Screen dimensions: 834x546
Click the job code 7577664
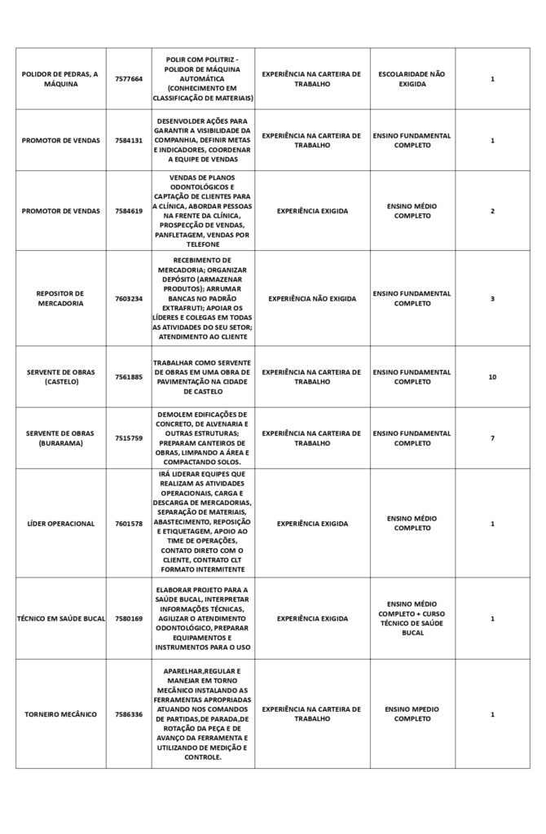point(129,79)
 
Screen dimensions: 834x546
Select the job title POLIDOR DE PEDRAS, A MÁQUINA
point(60,79)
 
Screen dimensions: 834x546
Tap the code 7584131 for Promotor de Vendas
point(129,140)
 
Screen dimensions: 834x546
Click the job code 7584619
point(129,211)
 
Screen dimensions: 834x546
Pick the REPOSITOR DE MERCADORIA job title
point(60,298)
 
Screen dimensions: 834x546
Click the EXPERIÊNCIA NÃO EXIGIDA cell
point(312,298)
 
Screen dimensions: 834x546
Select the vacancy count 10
point(492,377)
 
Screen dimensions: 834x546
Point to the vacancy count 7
point(492,438)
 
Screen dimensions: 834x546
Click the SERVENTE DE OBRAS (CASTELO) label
point(60,377)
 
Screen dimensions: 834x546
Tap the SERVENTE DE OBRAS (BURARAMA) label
point(60,438)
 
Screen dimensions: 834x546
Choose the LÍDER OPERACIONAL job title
point(60,524)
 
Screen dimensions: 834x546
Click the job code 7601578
point(129,524)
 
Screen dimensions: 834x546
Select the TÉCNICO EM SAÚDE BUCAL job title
point(61,619)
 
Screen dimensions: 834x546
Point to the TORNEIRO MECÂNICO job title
point(60,714)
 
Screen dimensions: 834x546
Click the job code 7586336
point(129,714)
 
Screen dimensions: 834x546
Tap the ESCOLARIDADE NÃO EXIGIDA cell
point(412,79)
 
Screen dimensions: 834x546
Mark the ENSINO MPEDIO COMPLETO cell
point(412,714)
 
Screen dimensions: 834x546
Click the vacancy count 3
point(492,298)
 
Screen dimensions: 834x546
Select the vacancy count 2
point(492,211)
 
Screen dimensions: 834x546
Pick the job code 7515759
point(129,438)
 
